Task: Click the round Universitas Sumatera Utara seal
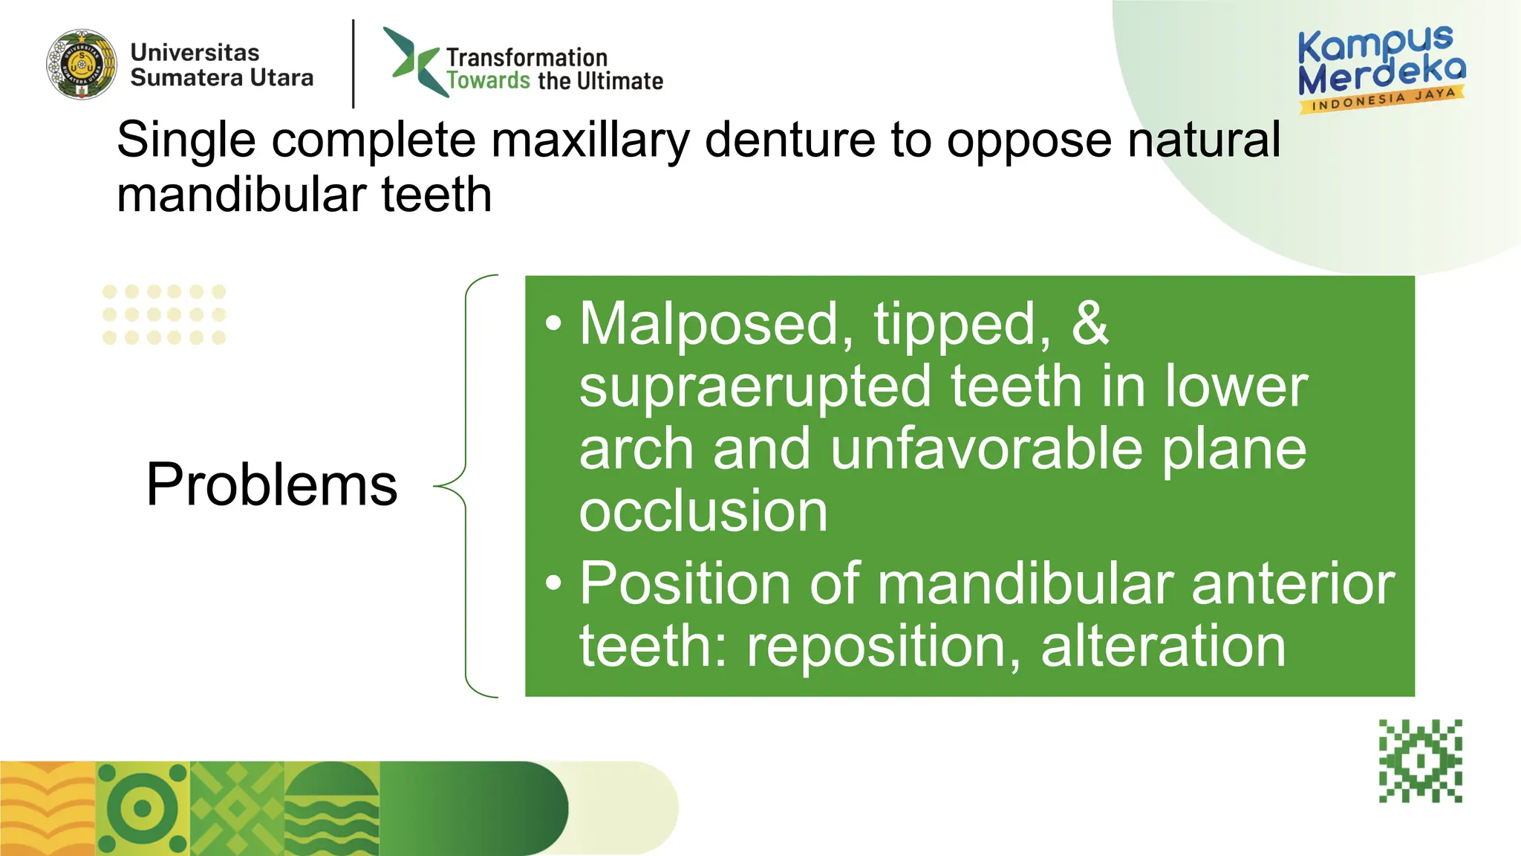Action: [x=82, y=65]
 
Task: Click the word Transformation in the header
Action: [x=527, y=57]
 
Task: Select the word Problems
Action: [x=272, y=484]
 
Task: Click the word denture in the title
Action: [x=789, y=140]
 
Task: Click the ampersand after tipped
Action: [x=1090, y=324]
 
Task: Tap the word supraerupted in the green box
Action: [x=755, y=387]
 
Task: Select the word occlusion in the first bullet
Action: [x=703, y=511]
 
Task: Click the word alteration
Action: [x=1163, y=646]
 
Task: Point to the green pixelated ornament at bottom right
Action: [x=1420, y=761]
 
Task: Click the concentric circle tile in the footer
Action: [x=143, y=808]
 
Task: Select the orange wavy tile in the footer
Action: [x=47, y=808]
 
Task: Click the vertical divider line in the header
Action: [x=354, y=64]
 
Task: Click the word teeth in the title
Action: [x=437, y=195]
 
